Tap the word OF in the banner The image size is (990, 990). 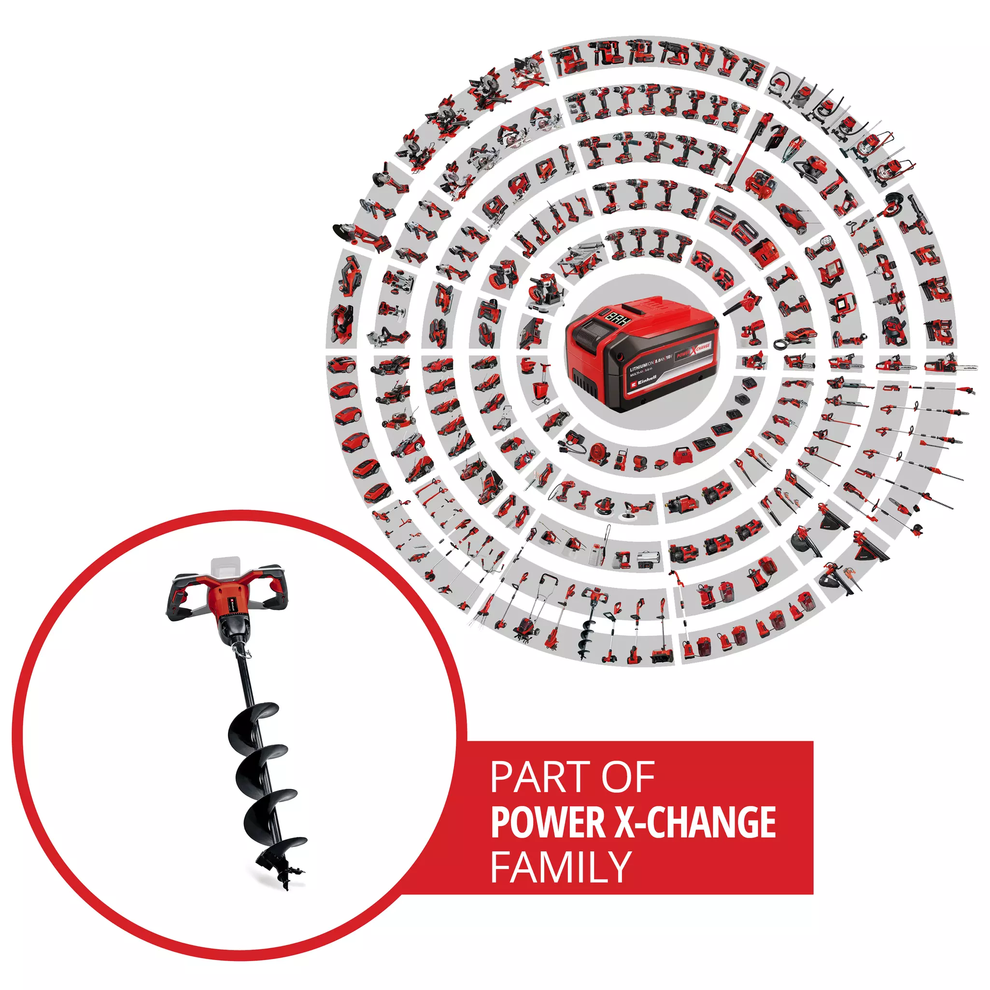628,778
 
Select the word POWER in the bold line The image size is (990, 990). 548,821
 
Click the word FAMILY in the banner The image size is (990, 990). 561,866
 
